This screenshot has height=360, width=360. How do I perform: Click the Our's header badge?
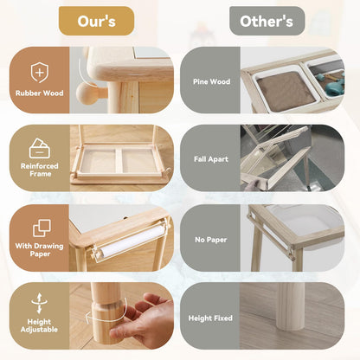96,21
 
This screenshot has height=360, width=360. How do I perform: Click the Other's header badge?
267,21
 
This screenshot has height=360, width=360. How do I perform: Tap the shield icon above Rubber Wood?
40,73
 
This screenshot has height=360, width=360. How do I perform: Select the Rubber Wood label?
40,93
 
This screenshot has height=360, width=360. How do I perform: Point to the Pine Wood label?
211,81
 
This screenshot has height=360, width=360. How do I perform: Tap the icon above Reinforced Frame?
40,148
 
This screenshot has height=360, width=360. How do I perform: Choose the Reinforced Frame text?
40,170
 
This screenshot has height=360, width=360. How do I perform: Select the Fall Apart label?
211,159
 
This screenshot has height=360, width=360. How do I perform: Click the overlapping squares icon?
42,228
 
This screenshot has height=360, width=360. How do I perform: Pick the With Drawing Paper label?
40,250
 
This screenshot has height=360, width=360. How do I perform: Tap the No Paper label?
211,240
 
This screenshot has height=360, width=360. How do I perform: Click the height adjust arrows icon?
40,304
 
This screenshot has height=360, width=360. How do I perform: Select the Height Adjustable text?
39,325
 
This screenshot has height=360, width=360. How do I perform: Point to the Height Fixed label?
210,318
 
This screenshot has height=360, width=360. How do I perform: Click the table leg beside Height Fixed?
290,306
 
